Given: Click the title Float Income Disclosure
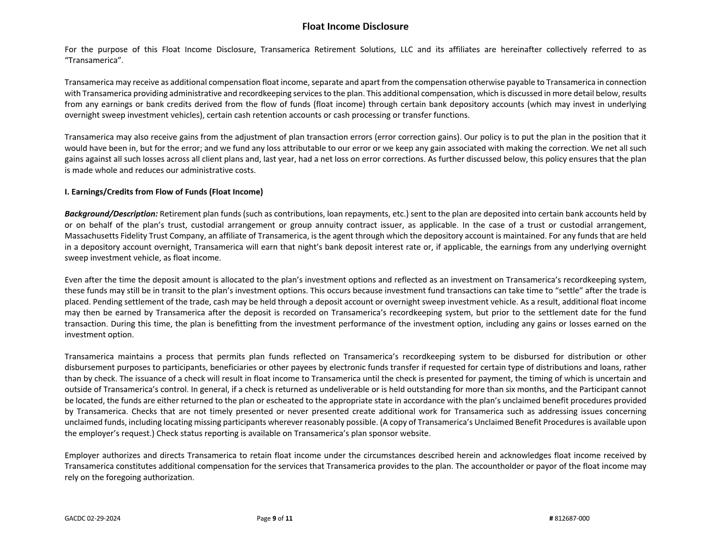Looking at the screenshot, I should coord(355,26).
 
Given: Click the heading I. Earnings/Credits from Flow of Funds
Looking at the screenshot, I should coord(164,192).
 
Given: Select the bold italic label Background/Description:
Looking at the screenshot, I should coord(111,214).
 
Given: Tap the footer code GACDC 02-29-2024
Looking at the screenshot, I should coord(93,519).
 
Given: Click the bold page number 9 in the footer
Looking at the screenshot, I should coord(274,519).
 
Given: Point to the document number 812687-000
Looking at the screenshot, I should coord(572,519).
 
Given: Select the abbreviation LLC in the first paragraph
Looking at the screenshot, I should coord(406,50).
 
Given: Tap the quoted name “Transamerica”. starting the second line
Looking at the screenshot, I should coord(94,60).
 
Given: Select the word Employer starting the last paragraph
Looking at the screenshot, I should coord(82,456).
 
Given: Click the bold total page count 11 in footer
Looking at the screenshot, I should coord(289,519).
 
